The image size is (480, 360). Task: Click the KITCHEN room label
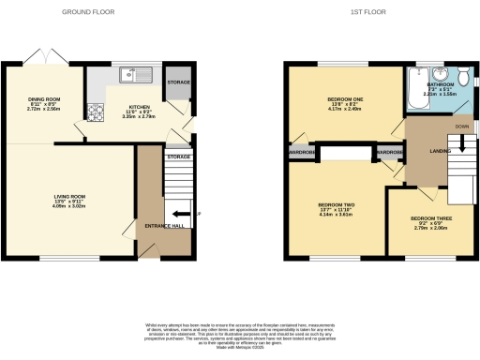(138, 108)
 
